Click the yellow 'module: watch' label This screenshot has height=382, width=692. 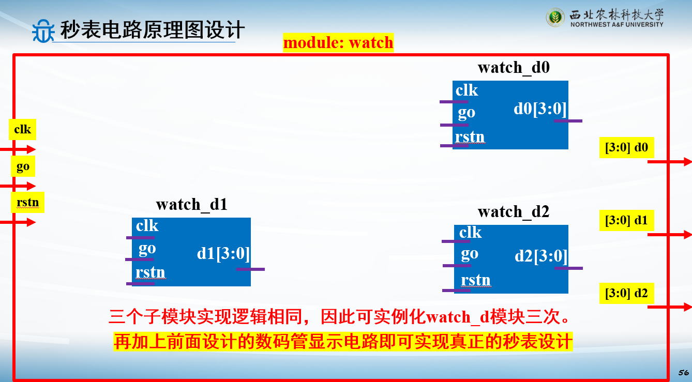pyautogui.click(x=338, y=42)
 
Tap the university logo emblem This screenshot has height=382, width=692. pyautogui.click(x=555, y=17)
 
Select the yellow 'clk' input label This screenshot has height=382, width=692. pyautogui.click(x=23, y=129)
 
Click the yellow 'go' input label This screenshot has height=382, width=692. pyautogui.click(x=23, y=166)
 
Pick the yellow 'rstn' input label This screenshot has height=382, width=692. pyautogui.click(x=28, y=202)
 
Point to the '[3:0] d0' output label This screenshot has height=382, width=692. pyautogui.click(x=626, y=148)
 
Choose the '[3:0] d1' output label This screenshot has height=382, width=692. pyautogui.click(x=626, y=221)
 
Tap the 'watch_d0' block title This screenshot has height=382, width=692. pyautogui.click(x=514, y=67)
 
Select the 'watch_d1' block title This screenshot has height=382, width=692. pyautogui.click(x=191, y=204)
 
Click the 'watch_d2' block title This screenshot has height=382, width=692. pyautogui.click(x=514, y=212)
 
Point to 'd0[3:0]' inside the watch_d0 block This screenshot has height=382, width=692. pyautogui.click(x=540, y=109)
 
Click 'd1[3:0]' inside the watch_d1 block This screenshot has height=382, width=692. pyautogui.click(x=223, y=253)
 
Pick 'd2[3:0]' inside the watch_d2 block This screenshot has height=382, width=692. pyautogui.click(x=541, y=256)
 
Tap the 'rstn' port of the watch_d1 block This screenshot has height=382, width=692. pyautogui.click(x=151, y=272)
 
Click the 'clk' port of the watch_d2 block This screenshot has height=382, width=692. pyautogui.click(x=470, y=232)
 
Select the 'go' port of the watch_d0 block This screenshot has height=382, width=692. pyautogui.click(x=467, y=113)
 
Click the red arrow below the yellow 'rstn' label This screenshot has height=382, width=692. pyautogui.click(x=18, y=222)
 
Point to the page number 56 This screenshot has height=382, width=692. pyautogui.click(x=684, y=373)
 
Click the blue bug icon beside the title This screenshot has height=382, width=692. pyautogui.click(x=43, y=31)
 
